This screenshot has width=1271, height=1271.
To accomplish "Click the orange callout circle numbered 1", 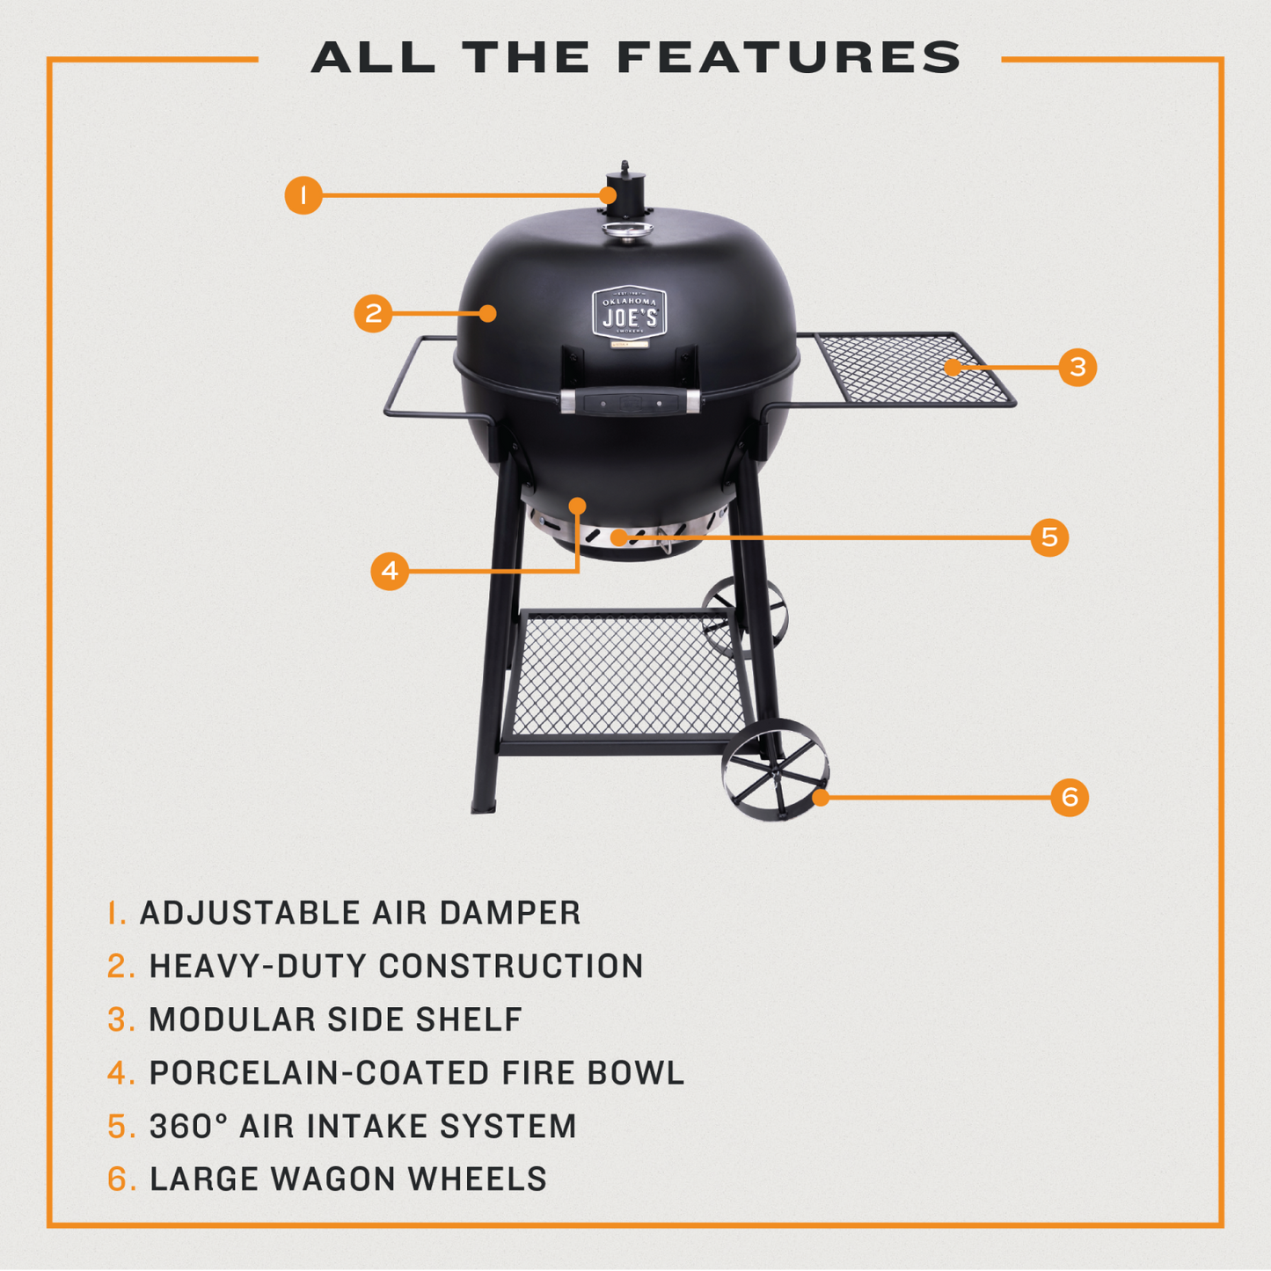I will (x=303, y=194).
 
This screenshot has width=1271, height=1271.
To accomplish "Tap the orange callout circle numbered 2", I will (x=373, y=313).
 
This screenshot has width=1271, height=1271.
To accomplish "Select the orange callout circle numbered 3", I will (x=1077, y=367).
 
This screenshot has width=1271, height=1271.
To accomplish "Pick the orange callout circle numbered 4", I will (x=390, y=571).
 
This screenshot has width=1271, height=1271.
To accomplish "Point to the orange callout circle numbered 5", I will (x=1049, y=537).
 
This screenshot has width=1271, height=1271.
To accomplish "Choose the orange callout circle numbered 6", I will (x=1070, y=797).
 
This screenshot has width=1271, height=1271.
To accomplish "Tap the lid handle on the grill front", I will (x=630, y=402).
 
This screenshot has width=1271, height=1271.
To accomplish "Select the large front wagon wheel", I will (x=775, y=770).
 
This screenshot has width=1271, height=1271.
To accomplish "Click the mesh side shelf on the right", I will (x=910, y=369).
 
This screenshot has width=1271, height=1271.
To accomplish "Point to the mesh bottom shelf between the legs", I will (x=626, y=676).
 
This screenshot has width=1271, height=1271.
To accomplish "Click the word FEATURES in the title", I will (x=789, y=58).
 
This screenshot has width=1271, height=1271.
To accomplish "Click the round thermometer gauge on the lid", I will (x=627, y=230).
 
